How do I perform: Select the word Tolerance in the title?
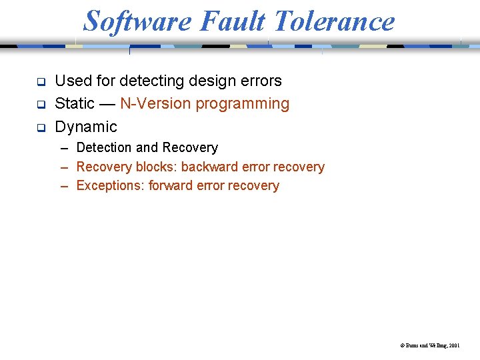click(x=334, y=21)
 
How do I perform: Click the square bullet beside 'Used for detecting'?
click(x=40, y=83)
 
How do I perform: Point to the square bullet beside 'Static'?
click(x=40, y=105)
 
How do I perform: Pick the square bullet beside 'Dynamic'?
click(x=40, y=128)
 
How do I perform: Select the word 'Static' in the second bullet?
click(x=75, y=104)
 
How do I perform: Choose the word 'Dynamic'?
click(x=86, y=127)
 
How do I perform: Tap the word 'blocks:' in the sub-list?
click(x=156, y=167)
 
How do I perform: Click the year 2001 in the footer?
click(x=454, y=346)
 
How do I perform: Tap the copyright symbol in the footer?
click(x=402, y=346)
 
